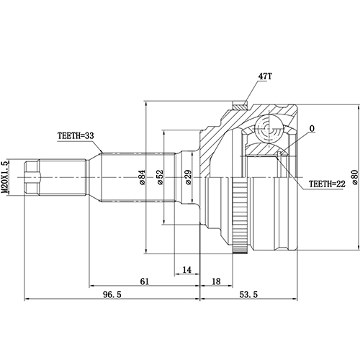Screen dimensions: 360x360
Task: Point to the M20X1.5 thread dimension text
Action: click(6, 177)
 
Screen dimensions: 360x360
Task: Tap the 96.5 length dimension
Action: click(109, 294)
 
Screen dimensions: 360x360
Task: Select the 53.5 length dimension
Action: click(249, 294)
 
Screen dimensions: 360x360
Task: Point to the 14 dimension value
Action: click(186, 269)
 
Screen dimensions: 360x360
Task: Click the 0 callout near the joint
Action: click(312, 130)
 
